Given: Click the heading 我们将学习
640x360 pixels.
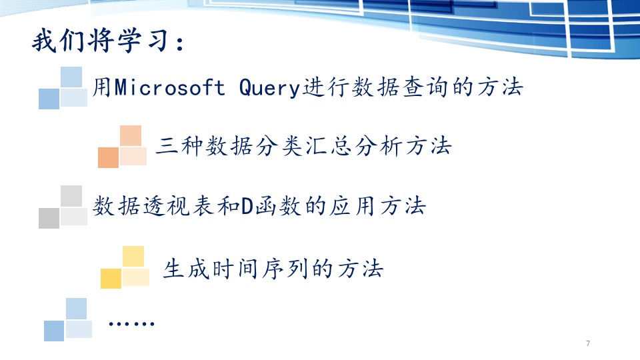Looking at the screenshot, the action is coord(101,41).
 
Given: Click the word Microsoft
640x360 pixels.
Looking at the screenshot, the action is coord(169,87).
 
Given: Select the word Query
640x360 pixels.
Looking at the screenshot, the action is coord(269,88).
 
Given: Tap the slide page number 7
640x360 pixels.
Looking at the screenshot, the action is coord(588,343).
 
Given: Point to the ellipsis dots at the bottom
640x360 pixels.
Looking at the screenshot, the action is coord(131,324).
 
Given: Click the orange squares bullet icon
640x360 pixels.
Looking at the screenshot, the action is coord(122,147).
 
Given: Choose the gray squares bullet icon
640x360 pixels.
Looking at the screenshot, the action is coord(63,207).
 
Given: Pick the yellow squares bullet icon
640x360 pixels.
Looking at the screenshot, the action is coord(125,267).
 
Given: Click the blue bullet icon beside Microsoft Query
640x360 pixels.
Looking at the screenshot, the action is coord(63,88).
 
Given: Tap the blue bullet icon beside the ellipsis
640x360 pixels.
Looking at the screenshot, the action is coord(68,319).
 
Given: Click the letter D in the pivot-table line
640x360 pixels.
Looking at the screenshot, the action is coord(247,206).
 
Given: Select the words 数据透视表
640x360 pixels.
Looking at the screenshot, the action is coord(153,206).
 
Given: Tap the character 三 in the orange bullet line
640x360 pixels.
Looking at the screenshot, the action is coord(167,146).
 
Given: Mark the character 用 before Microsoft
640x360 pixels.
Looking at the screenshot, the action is coord(102,87).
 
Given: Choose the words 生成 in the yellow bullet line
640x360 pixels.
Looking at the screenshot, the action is coord(186,269).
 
